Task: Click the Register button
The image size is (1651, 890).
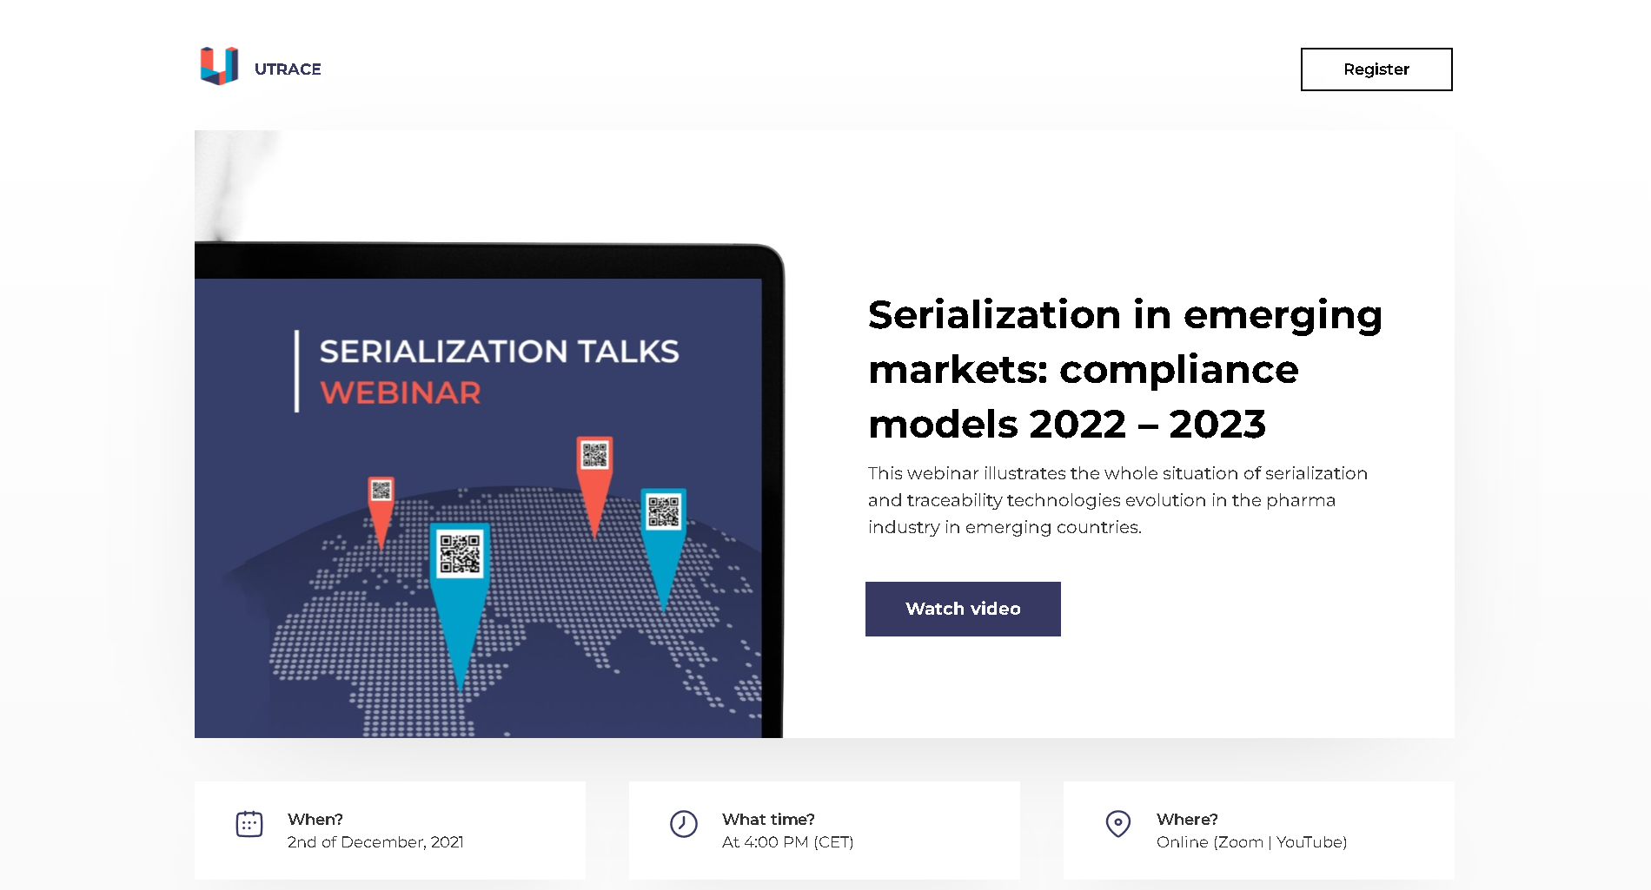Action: coord(1376,69)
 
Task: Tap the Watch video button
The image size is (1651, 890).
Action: coord(963,609)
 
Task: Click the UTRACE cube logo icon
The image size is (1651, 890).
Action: coord(219,66)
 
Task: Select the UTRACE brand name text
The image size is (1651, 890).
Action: coord(288,69)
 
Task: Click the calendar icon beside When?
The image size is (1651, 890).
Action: coord(249,824)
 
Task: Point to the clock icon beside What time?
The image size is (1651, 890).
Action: coord(684,824)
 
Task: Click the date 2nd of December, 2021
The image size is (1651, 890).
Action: coord(375,842)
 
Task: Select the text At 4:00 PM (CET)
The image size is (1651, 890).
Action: coord(788,842)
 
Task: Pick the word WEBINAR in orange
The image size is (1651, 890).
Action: coord(401,392)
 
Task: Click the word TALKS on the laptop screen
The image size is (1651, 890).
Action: coord(628,352)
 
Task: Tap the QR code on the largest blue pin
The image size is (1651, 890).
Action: coord(460,553)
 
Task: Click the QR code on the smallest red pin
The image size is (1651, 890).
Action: coord(381,491)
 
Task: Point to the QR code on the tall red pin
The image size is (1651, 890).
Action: coord(595,455)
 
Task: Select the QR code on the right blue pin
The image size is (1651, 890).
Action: coord(664,511)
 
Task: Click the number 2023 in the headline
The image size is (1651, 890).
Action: coord(1217,425)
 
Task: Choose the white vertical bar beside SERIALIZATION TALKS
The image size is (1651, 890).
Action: coord(296,371)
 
